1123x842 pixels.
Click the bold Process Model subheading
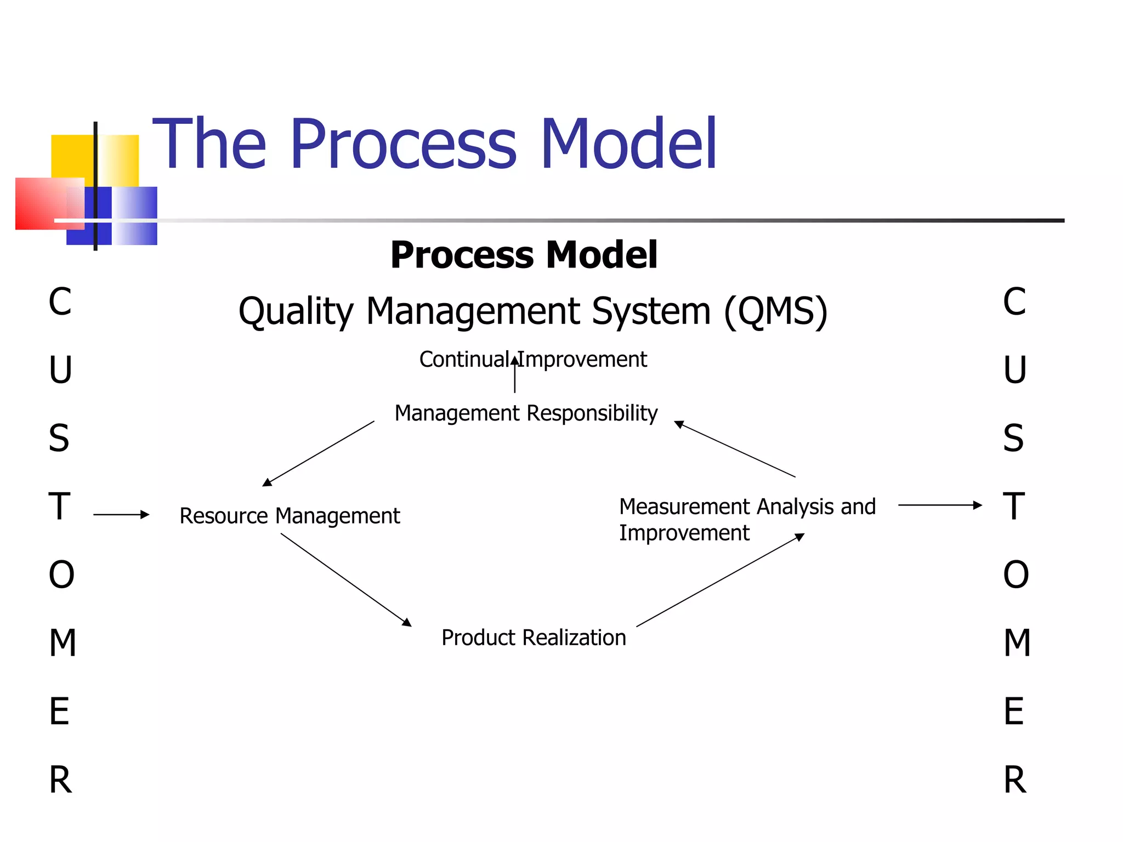pyautogui.click(x=524, y=255)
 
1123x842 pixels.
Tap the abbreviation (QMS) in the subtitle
pyautogui.click(x=775, y=311)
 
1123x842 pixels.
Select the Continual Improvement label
pyautogui.click(x=532, y=360)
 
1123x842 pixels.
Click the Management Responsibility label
pyautogui.click(x=525, y=413)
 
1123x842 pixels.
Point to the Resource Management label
pyautogui.click(x=290, y=516)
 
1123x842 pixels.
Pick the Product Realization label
pyautogui.click(x=534, y=638)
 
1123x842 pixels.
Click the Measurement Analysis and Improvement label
pyautogui.click(x=746, y=519)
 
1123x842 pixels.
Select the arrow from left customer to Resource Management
pyautogui.click(x=121, y=514)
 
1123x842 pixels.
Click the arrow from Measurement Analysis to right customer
pyautogui.click(x=939, y=505)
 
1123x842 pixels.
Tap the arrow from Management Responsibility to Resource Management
pyautogui.click(x=319, y=453)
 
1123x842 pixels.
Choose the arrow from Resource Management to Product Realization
pyautogui.click(x=346, y=580)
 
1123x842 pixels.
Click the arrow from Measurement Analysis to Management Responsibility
pyautogui.click(x=734, y=449)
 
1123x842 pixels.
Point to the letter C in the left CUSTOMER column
pyautogui.click(x=60, y=301)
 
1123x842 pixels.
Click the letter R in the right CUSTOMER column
pyautogui.click(x=1014, y=780)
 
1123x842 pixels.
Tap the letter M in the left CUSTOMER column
pyautogui.click(x=62, y=642)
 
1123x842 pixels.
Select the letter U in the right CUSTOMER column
pyautogui.click(x=1014, y=370)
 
